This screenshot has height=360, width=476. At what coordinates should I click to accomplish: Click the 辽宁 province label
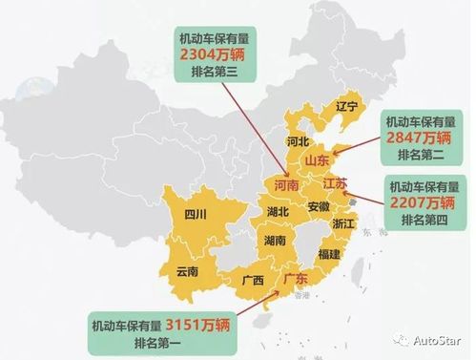(346, 108)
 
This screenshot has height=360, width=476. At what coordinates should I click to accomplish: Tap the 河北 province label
(297, 140)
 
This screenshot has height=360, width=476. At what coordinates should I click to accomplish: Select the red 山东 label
(317, 161)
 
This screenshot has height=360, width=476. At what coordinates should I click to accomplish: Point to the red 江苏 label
(336, 182)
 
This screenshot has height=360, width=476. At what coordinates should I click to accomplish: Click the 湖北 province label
(279, 211)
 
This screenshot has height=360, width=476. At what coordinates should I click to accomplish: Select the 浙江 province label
(343, 222)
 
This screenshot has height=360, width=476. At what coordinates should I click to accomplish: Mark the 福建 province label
(329, 254)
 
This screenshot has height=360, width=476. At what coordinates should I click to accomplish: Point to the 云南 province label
(187, 271)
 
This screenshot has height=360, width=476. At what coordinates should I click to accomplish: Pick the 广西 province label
(253, 281)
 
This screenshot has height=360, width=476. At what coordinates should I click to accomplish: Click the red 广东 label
(296, 279)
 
